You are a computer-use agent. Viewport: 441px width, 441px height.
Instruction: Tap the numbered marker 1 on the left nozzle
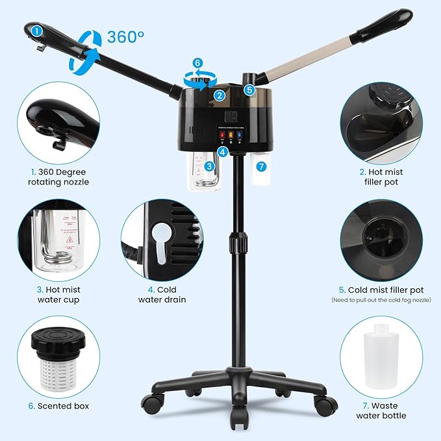(x=37, y=29)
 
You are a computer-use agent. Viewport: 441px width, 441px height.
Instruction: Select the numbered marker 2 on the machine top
(x=220, y=95)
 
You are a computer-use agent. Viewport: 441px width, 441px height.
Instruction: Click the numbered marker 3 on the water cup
(x=209, y=166)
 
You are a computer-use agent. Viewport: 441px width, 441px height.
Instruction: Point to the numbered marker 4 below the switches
(x=223, y=152)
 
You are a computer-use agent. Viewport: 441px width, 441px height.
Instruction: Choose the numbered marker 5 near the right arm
(x=249, y=90)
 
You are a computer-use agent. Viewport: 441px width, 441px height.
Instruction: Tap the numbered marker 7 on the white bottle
(x=261, y=166)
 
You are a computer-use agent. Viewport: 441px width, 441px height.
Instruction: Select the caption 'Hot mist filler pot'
(x=381, y=177)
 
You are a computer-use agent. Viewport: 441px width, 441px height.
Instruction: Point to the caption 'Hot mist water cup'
(x=58, y=294)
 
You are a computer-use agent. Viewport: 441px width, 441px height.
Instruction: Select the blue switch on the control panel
(x=240, y=136)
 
